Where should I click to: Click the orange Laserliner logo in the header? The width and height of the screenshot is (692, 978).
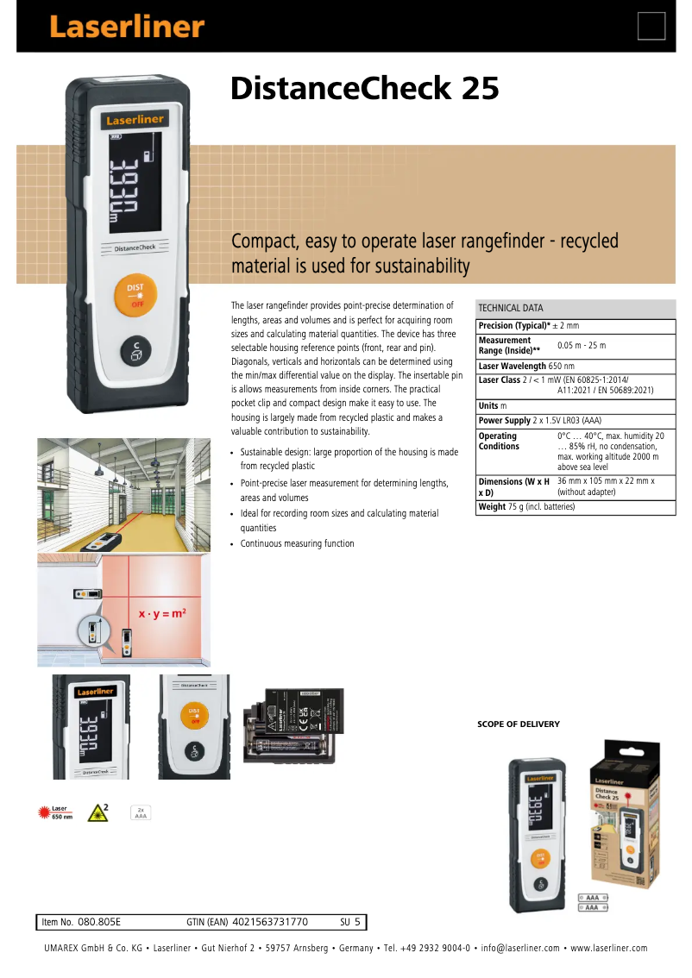[126, 27]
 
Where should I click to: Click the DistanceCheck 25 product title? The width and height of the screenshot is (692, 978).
[364, 88]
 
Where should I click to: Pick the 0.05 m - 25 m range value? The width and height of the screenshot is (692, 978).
[582, 345]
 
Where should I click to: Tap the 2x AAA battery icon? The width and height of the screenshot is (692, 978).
[140, 812]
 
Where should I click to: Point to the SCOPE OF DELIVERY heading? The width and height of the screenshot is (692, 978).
[519, 724]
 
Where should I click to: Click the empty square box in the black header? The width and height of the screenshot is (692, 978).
[651, 27]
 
